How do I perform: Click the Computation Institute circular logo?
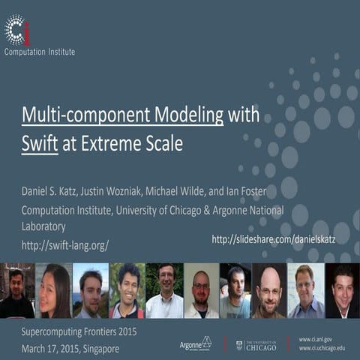coord(17,29)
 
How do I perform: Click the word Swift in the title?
coord(40,143)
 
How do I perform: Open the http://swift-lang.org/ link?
coord(64,244)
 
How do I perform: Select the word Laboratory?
coord(43,226)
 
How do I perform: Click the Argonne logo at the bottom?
coord(196,343)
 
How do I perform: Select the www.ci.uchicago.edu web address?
coord(322,348)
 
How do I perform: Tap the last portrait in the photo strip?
coord(342,291)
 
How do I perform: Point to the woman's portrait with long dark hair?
coord(54,291)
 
